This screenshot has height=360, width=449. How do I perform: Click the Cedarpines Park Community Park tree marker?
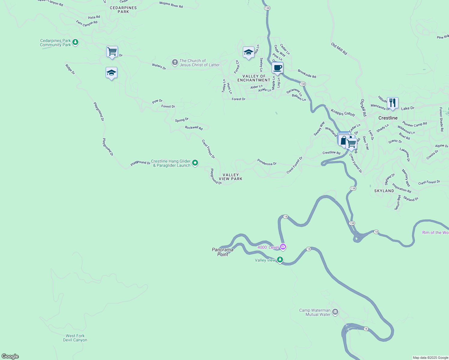click(x=75, y=42)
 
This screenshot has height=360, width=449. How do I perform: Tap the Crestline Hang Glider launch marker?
click(x=195, y=163)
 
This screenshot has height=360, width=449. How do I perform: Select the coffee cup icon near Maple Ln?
click(x=277, y=68)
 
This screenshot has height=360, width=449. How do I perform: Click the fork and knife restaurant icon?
click(x=393, y=103)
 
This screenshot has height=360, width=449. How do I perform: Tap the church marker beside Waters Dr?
click(x=175, y=62)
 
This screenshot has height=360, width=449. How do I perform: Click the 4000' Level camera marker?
click(x=283, y=247)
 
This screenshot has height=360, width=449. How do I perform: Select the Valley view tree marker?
click(x=280, y=259)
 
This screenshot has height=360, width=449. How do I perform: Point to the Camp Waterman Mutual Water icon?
click(x=335, y=312)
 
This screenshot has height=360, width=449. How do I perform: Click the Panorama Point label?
click(x=222, y=252)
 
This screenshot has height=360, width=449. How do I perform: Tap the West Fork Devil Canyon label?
click(x=75, y=338)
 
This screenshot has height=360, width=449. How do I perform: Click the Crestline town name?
click(x=388, y=118)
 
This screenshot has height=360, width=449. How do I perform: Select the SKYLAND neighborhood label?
click(x=384, y=191)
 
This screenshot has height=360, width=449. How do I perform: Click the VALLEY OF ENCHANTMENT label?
click(x=254, y=78)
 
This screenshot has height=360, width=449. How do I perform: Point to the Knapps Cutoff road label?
click(x=343, y=113)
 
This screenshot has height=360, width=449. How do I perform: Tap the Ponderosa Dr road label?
click(x=267, y=162)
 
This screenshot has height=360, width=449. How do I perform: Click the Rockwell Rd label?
click(x=194, y=127)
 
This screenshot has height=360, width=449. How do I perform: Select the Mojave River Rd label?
click(x=171, y=4)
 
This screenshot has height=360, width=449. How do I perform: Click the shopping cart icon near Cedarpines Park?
click(x=112, y=52)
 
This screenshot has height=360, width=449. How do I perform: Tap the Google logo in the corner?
click(x=10, y=356)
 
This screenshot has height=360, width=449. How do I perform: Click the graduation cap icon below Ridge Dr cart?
click(x=111, y=73)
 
